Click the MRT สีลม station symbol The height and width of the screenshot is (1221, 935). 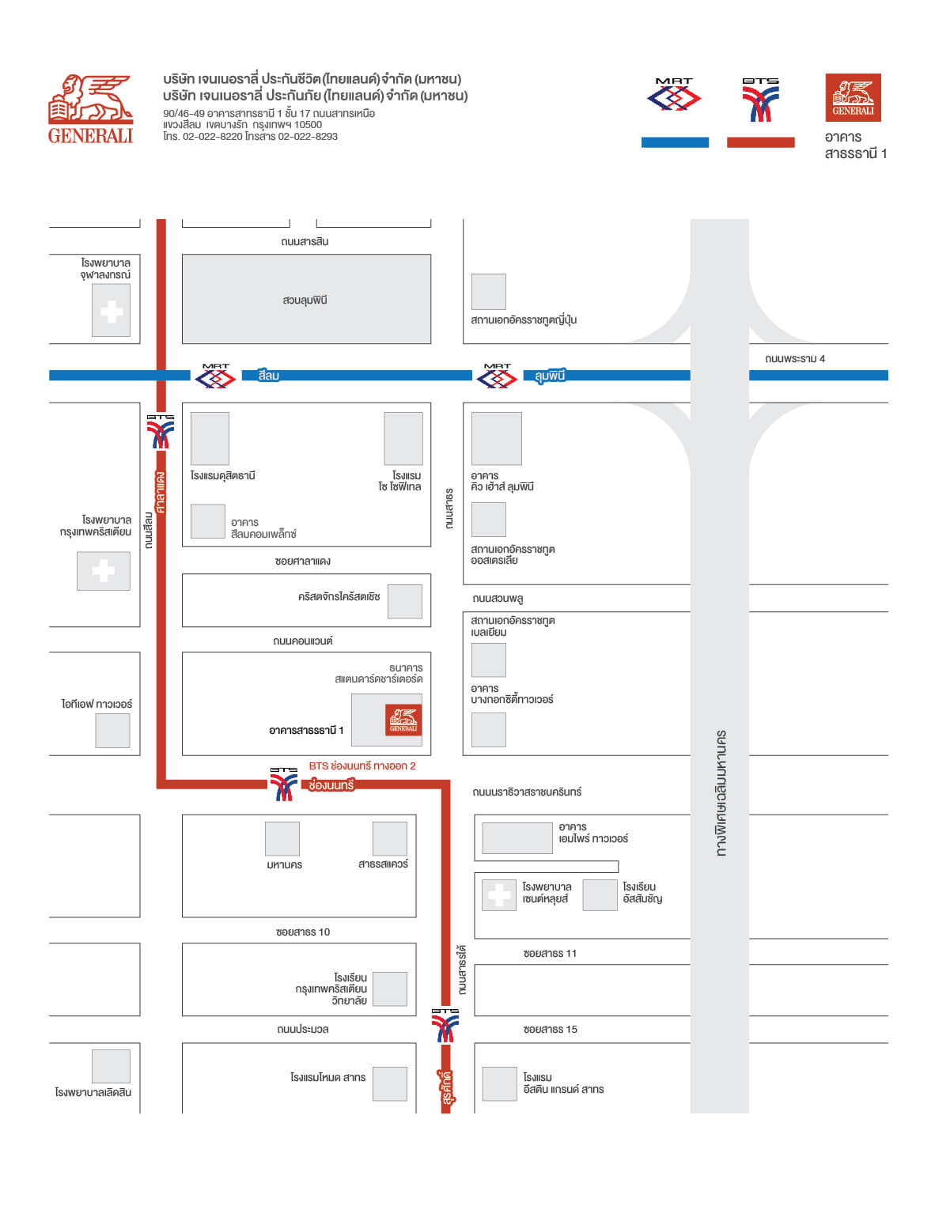coord(215,376)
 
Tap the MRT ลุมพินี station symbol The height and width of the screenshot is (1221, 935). coord(497,376)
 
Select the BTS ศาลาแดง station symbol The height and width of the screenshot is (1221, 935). coord(161,432)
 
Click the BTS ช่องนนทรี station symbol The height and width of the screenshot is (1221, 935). coord(284,784)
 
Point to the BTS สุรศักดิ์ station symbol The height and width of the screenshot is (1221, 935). coord(445,1026)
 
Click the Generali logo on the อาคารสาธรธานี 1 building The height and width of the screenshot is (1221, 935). coord(403,720)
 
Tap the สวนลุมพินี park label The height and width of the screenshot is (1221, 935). coord(305,300)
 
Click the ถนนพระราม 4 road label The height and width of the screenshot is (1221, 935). coord(794,358)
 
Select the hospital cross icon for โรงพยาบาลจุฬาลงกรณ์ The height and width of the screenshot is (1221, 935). coord(112,312)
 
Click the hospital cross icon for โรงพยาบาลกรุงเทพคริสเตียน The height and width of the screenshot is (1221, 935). coord(104,571)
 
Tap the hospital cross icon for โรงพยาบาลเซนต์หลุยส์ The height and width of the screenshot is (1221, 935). coord(499,895)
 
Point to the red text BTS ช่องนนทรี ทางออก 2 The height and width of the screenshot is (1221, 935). coord(362,765)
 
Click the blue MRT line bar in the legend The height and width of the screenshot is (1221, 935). coord(675,142)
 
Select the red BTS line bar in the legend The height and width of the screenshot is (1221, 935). coord(761,142)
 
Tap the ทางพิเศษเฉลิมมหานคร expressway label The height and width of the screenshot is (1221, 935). coord(721,793)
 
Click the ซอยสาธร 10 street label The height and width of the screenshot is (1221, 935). coord(303,932)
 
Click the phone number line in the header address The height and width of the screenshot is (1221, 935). coord(251,137)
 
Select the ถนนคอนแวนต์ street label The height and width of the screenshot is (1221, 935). coord(303,641)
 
